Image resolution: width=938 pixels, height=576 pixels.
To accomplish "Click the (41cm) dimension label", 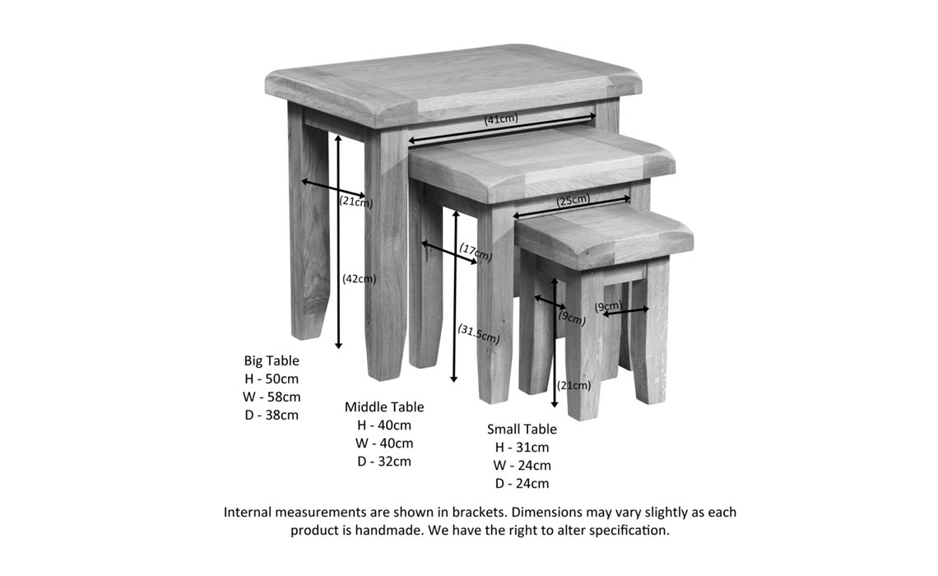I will click(501, 119).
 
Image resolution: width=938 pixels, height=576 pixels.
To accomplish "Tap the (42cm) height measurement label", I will click(359, 279).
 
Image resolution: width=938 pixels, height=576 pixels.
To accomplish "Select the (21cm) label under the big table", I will click(355, 201).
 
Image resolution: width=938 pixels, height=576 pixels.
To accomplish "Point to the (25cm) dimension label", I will click(573, 200).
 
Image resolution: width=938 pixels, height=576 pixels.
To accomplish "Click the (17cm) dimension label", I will click(476, 252).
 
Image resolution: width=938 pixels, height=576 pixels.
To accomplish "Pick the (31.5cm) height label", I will click(478, 334).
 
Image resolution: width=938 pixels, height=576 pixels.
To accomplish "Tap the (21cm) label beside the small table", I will click(573, 385).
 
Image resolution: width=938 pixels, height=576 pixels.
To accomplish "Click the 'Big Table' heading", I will click(272, 360).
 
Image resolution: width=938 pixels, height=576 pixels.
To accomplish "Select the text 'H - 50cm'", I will click(272, 379).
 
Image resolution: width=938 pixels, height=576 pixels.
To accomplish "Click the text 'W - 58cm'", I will click(272, 397).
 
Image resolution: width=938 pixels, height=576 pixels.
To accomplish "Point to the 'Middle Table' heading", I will click(384, 406).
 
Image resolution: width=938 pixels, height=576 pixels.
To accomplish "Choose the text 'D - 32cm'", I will click(384, 461).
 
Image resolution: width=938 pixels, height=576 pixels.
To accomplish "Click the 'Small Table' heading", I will click(522, 429).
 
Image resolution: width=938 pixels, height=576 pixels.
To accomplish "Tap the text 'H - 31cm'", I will click(522, 447).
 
